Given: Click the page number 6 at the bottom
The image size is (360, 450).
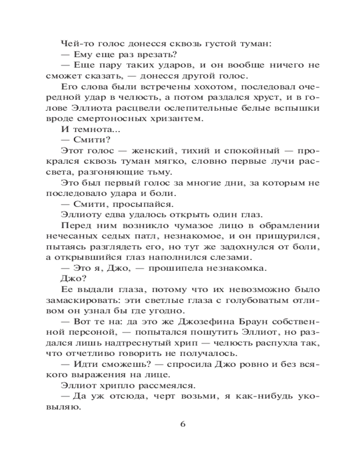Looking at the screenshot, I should tap(182, 424).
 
